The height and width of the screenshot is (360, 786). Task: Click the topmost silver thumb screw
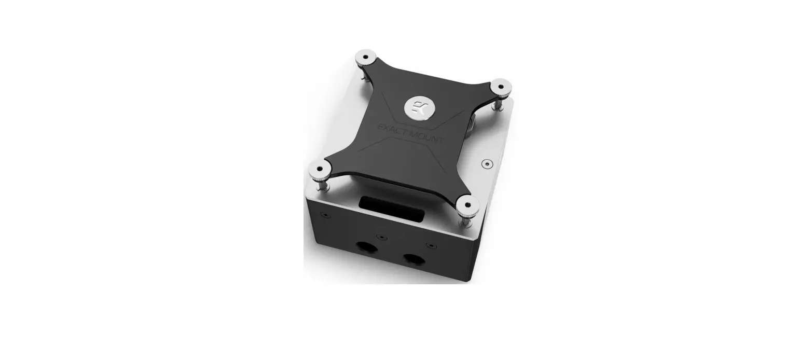pos(366,57)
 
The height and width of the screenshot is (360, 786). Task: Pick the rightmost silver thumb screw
pos(501,86)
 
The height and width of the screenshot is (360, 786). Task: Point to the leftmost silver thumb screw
pos(319,169)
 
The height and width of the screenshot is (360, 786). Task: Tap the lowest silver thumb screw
pos(467,204)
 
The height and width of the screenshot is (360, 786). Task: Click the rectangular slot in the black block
pos(389,209)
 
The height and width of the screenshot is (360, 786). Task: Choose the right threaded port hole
pos(413,259)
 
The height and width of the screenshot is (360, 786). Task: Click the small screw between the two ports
pos(382,238)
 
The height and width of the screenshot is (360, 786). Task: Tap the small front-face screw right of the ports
pos(429,245)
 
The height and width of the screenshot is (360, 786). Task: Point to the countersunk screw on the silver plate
pos(486,164)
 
